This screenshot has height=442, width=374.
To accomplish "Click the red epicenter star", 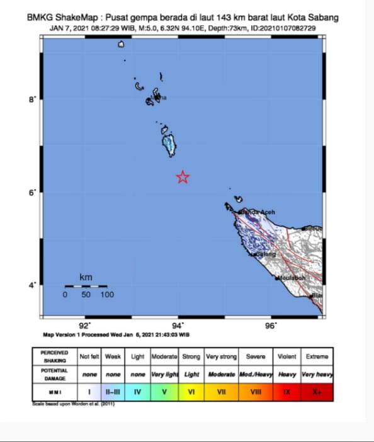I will [x=183, y=177].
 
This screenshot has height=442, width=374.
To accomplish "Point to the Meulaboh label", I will [x=290, y=278].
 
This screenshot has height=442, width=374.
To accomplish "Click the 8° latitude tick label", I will [x=33, y=99].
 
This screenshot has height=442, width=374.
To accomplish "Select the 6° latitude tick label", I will [x=33, y=193].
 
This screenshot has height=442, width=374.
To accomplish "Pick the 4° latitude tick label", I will [x=33, y=285].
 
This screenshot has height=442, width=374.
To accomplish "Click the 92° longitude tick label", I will [x=85, y=326].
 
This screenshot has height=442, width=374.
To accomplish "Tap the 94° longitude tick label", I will [x=179, y=326].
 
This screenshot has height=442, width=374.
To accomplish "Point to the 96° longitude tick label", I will [x=271, y=326].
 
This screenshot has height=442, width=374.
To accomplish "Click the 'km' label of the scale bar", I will [x=86, y=277].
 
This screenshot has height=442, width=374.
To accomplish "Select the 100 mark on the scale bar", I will [x=106, y=294].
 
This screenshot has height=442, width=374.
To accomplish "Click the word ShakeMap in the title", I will [x=77, y=18].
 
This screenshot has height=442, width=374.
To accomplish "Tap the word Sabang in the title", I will [x=322, y=18].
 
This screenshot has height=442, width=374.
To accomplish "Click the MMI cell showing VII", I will [x=221, y=392].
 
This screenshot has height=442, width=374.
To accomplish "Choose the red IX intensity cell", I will [x=287, y=392].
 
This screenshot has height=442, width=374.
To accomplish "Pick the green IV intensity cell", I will [x=137, y=392].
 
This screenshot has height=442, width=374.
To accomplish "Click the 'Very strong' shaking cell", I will [x=221, y=356].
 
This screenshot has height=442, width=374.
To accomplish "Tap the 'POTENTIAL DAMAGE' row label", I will [x=54, y=374].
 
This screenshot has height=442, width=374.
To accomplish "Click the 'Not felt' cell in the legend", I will [x=89, y=356].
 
